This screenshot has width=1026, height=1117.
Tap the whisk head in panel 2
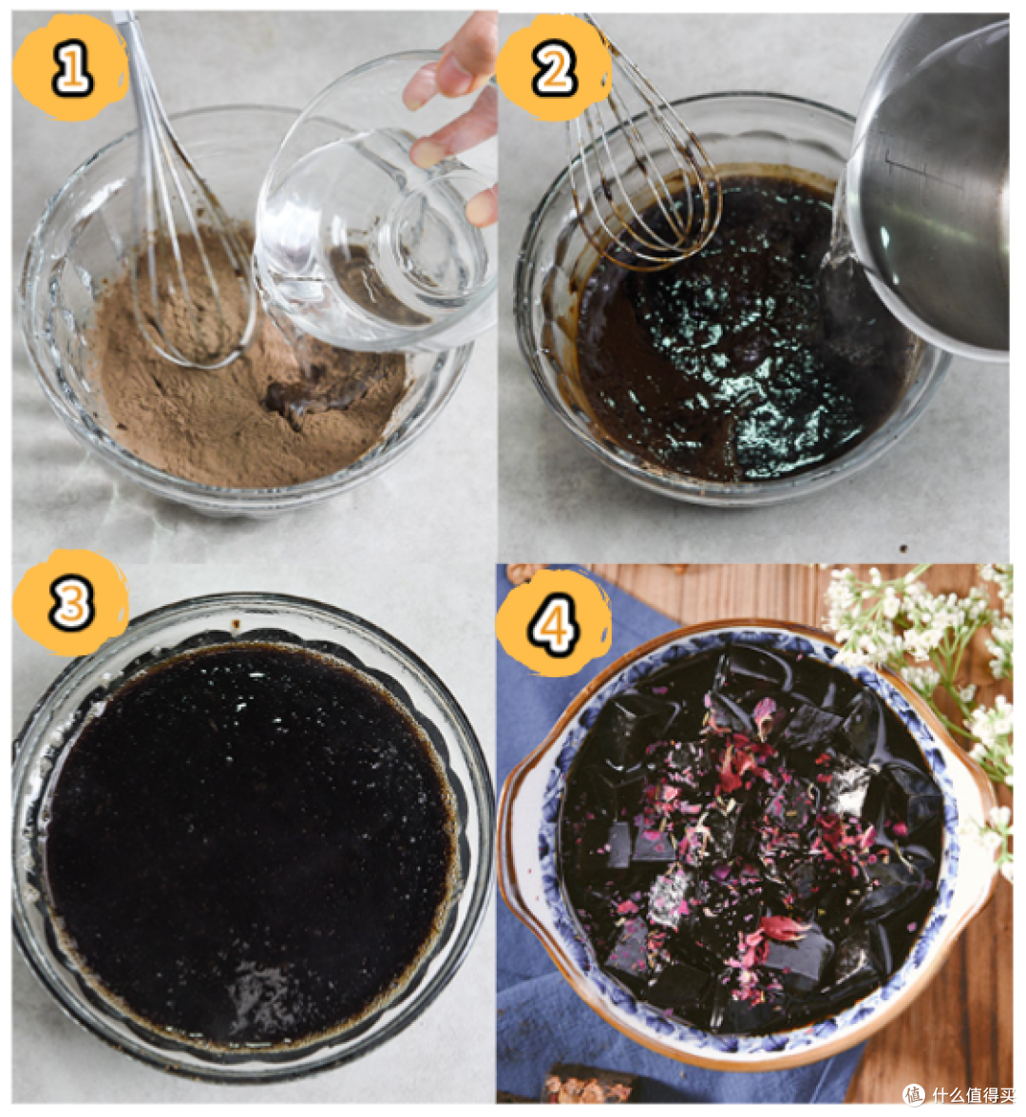(641, 179)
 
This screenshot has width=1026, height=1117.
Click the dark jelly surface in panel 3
(249, 841)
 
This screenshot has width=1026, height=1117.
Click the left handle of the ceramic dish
(517, 819)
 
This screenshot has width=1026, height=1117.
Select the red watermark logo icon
(913, 1095)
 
